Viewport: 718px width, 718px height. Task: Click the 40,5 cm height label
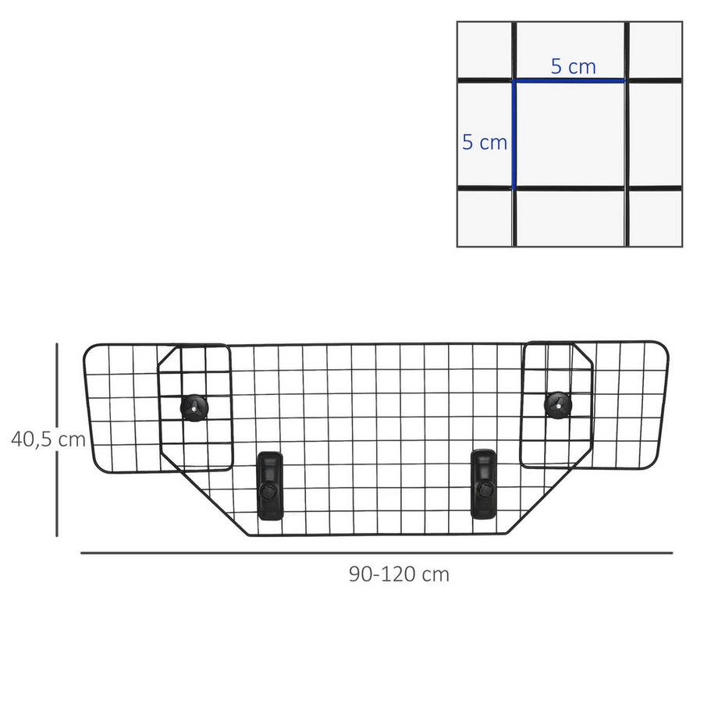pos(48,439)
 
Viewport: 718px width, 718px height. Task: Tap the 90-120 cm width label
pos(399,574)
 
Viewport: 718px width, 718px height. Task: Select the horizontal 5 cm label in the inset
pos(573,66)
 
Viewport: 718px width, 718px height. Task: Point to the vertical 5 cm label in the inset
pos(485,142)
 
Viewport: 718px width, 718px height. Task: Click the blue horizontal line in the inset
pos(570,80)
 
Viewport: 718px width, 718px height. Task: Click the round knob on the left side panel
pos(194,406)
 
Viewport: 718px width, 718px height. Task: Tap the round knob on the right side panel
pos(556,403)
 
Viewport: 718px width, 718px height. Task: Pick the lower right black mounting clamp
pos(483,482)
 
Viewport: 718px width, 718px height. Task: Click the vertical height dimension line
pos(57,439)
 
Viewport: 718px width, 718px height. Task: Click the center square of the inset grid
pos(570,134)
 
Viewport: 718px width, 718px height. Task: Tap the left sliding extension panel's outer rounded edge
pos(87,406)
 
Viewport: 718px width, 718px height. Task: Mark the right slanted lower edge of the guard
pos(546,499)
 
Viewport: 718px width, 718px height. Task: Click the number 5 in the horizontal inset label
pos(556,66)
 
